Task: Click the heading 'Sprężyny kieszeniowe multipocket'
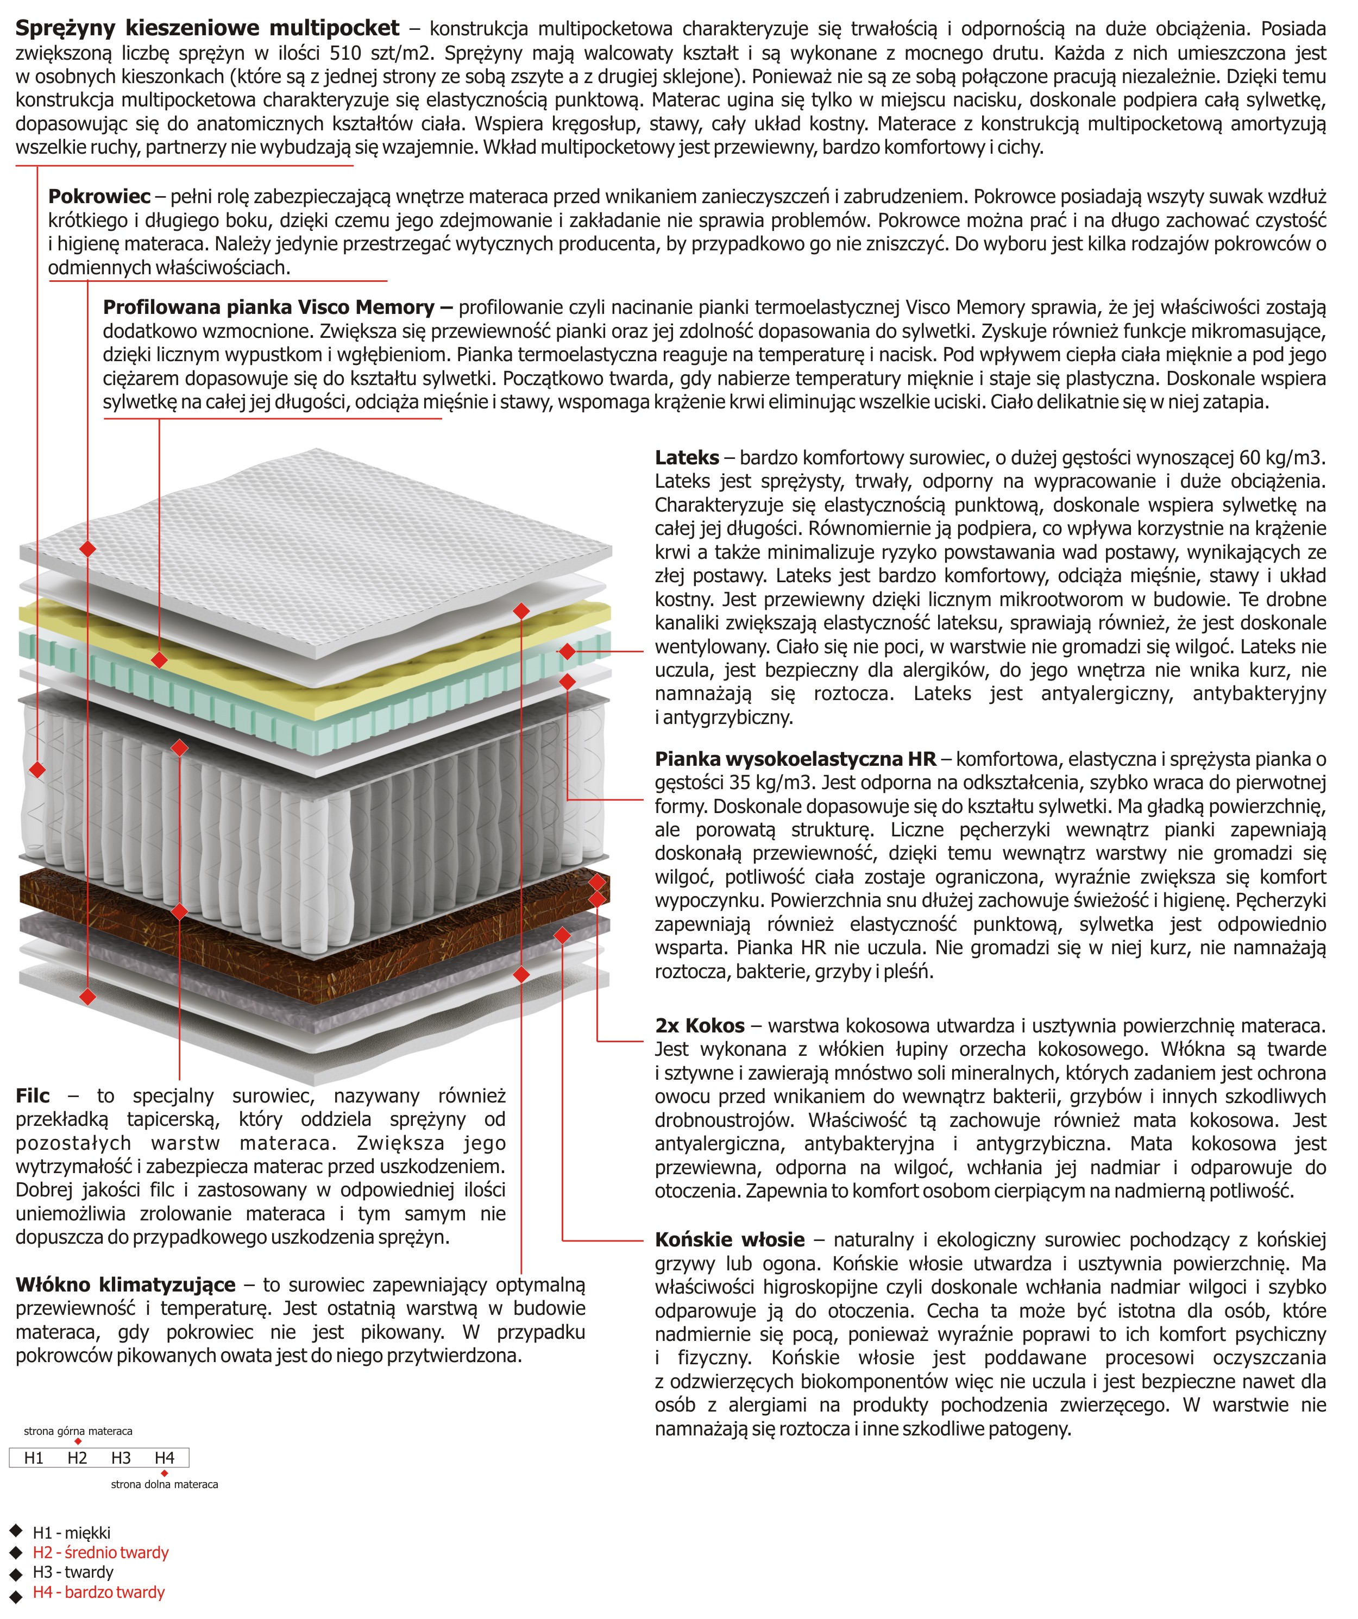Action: (x=208, y=29)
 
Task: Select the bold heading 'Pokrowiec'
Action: (x=99, y=197)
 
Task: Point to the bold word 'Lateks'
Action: (x=686, y=457)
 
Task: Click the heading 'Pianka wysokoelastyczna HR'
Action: (x=795, y=759)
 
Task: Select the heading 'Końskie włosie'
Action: (x=730, y=1240)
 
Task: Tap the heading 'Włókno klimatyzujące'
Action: (x=125, y=1284)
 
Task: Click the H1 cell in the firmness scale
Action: (x=33, y=1457)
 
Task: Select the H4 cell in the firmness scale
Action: (x=164, y=1457)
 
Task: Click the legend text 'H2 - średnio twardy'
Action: (x=100, y=1552)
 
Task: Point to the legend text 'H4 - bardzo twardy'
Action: (x=99, y=1592)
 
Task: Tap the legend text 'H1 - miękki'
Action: (x=72, y=1532)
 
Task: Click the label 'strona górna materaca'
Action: (x=78, y=1431)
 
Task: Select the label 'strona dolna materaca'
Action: (x=164, y=1484)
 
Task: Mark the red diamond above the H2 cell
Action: (x=78, y=1441)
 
